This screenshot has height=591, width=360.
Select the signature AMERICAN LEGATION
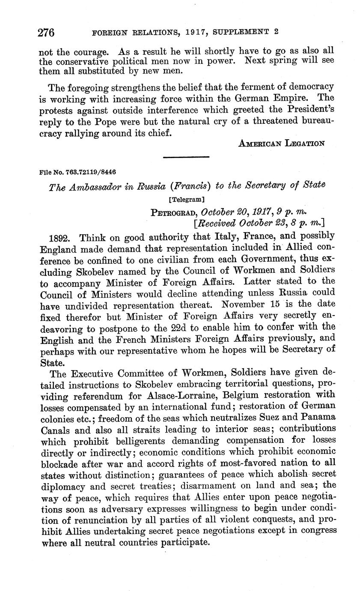pyautogui.click(x=281, y=144)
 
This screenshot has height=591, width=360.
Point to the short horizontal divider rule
pyautogui.click(x=186, y=158)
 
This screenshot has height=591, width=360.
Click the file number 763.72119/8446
pyautogui.click(x=77, y=172)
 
